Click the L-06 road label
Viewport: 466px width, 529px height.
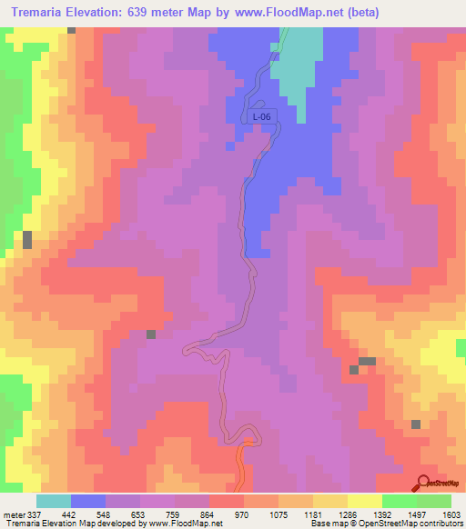coord(262,117)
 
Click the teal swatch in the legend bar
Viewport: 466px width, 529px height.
coord(54,501)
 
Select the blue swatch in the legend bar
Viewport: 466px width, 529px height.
coord(88,501)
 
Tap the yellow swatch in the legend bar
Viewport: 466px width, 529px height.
coord(364,501)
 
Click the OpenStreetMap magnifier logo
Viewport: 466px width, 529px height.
coord(422,483)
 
